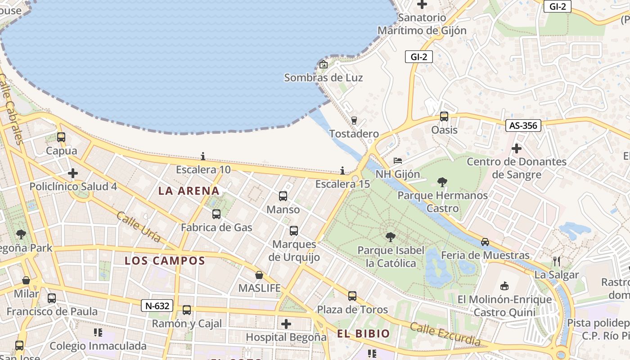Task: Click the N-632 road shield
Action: pyautogui.click(x=157, y=306)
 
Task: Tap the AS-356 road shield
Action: pyautogui.click(x=523, y=126)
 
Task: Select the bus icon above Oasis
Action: pyautogui.click(x=444, y=117)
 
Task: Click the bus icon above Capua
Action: pyautogui.click(x=61, y=137)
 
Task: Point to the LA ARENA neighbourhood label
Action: pyautogui.click(x=189, y=191)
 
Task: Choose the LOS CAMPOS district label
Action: pyautogui.click(x=165, y=261)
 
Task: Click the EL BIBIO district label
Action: pyautogui.click(x=363, y=333)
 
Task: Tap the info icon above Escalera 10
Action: pyautogui.click(x=203, y=156)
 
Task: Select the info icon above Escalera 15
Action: pyautogui.click(x=342, y=171)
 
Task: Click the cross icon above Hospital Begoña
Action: pyautogui.click(x=286, y=324)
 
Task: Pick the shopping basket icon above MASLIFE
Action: pyautogui.click(x=259, y=274)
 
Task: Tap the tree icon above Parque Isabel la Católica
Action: pyautogui.click(x=391, y=237)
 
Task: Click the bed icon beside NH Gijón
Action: pyautogui.click(x=398, y=161)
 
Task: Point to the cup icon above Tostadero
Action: pyautogui.click(x=354, y=120)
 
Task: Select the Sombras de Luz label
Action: pyautogui.click(x=323, y=77)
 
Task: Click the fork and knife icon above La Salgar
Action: pyautogui.click(x=557, y=261)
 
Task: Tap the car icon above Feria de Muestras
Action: pyautogui.click(x=485, y=242)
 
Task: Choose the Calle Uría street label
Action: pyautogui.click(x=138, y=227)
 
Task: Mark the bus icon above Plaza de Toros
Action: pyautogui.click(x=352, y=296)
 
